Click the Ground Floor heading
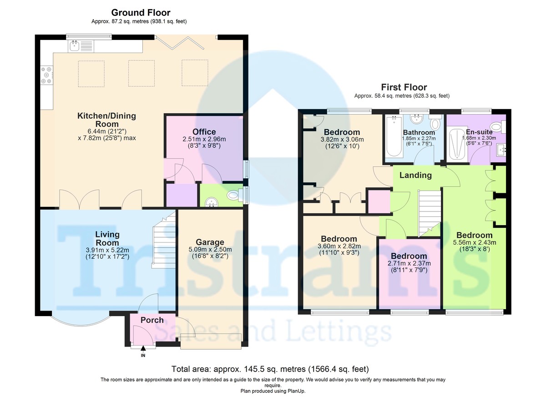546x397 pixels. click(x=141, y=13)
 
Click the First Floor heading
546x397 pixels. click(x=404, y=87)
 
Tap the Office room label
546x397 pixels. click(x=204, y=132)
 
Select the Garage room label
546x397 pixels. click(x=210, y=242)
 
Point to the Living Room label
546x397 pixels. click(x=107, y=238)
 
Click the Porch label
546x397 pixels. click(x=152, y=320)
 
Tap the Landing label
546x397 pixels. click(x=415, y=175)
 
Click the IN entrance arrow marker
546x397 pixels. click(x=143, y=349)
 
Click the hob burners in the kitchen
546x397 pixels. click(x=46, y=75)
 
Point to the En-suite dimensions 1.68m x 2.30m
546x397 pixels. click(x=471, y=139)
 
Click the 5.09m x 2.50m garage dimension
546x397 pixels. click(x=210, y=249)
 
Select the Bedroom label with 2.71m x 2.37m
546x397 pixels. click(x=409, y=256)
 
